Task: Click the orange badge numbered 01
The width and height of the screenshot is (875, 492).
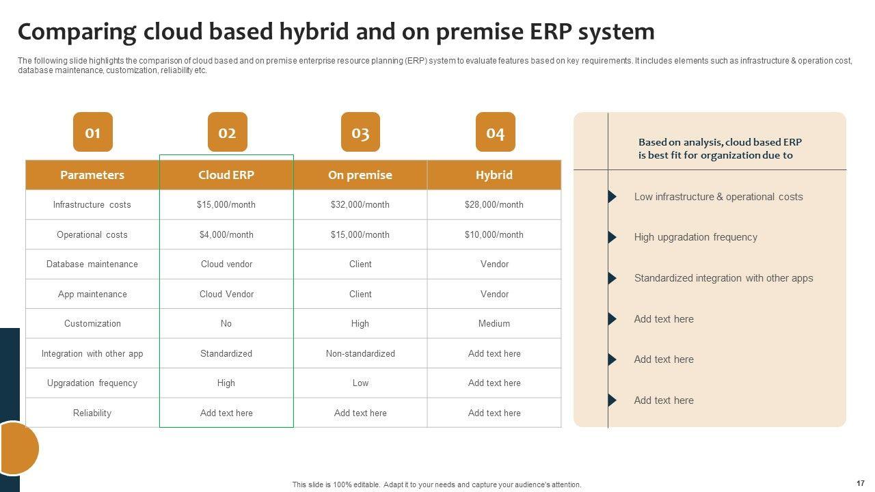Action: pos(92,132)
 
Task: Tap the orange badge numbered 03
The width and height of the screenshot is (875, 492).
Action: pos(360,132)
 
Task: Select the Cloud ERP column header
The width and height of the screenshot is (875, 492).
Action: pos(226,175)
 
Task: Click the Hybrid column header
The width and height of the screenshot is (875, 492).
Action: pos(494,175)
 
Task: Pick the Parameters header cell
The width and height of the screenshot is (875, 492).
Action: pos(92,175)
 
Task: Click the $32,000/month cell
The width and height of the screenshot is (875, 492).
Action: pos(360,204)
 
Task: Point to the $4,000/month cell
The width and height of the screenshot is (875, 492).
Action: pos(226,234)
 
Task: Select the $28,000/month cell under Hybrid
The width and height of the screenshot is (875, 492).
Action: pos(494,204)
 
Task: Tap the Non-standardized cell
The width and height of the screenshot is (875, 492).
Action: pos(360,353)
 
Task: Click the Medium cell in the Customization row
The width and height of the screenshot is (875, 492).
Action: pos(494,323)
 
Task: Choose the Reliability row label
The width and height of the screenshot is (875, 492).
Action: pos(92,413)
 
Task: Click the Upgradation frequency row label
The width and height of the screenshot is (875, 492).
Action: pos(92,383)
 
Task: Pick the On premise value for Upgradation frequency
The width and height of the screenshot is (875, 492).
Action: pos(360,383)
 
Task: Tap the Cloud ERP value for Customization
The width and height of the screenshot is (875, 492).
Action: pos(226,323)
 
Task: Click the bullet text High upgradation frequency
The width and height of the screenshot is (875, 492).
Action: pos(696,237)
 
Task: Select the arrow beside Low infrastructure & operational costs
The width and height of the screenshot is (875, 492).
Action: pos(612,196)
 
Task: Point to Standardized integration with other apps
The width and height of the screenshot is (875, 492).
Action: pos(723,278)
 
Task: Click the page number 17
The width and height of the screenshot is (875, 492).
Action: pos(861,483)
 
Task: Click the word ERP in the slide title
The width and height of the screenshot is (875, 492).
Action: pos(551,31)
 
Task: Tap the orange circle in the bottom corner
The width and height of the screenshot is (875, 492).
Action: pos(17,448)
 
